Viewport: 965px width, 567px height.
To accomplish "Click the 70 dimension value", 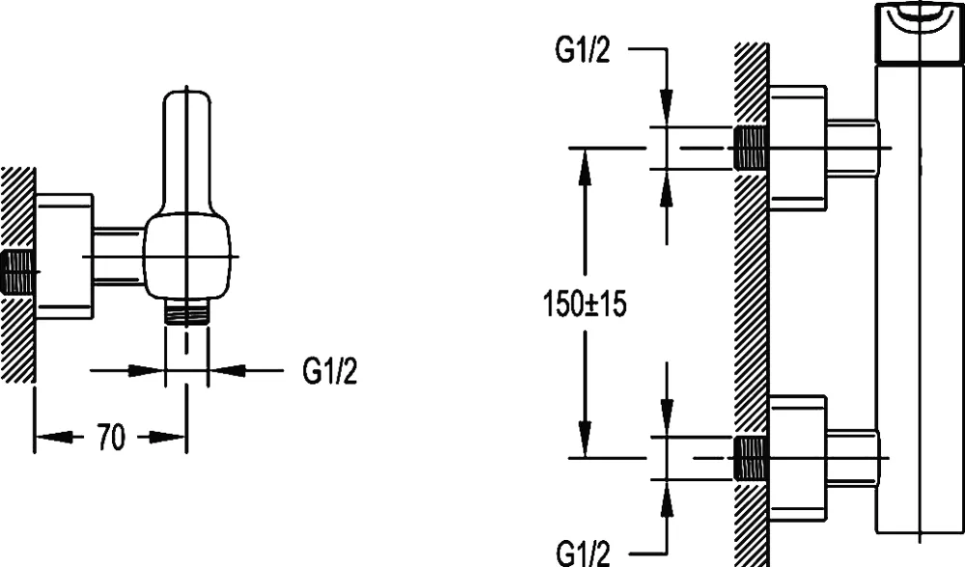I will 111,439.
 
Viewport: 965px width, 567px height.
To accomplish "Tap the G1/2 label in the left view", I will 329,370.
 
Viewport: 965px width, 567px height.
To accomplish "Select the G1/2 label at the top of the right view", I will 583,50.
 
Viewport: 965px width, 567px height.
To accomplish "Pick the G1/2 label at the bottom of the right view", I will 583,553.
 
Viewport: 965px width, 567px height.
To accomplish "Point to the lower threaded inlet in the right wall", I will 751,456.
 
